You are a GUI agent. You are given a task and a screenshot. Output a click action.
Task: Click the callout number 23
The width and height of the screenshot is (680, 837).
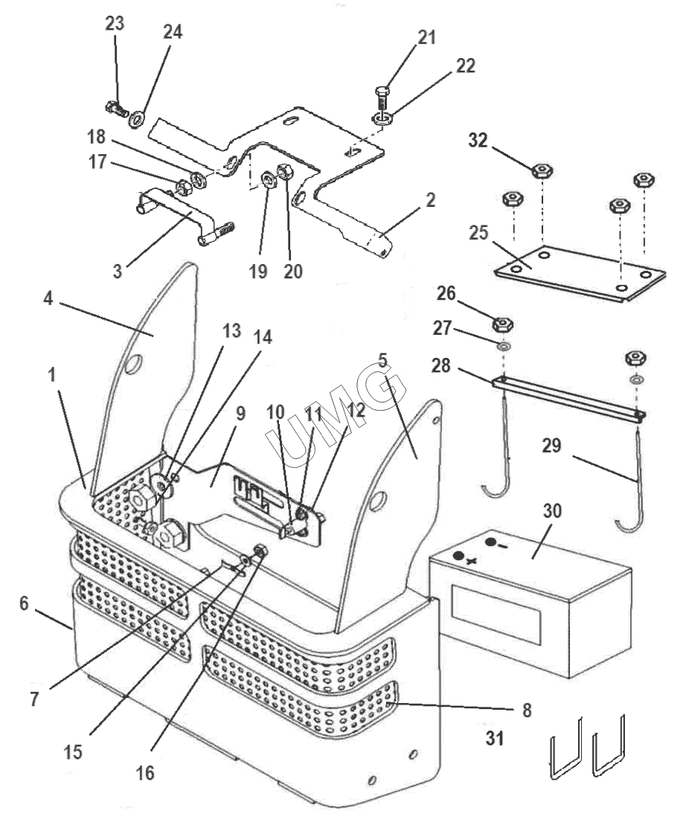[x=115, y=24]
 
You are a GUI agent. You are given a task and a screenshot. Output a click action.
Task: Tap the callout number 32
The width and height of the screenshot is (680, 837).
[x=478, y=141]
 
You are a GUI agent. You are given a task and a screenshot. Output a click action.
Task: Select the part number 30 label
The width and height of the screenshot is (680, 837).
[x=553, y=511]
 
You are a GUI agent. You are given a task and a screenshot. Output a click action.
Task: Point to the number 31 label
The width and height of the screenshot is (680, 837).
[x=495, y=738]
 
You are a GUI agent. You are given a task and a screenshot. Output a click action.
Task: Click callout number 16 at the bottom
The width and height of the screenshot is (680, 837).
[x=145, y=772]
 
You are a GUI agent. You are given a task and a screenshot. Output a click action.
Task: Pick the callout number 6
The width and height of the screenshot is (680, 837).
[x=24, y=603]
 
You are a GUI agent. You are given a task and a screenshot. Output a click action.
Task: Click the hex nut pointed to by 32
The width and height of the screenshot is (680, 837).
[x=542, y=171]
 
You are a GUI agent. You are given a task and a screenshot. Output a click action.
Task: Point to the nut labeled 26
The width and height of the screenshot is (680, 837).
[x=502, y=324]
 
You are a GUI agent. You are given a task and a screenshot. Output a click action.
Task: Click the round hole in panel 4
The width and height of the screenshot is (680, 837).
[x=131, y=365]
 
